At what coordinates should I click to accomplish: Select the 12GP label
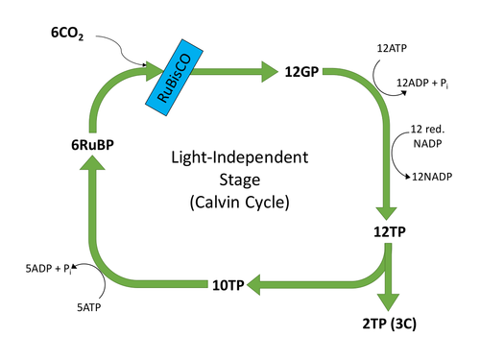click(x=303, y=71)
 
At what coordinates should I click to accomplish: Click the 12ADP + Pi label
click(x=423, y=84)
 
